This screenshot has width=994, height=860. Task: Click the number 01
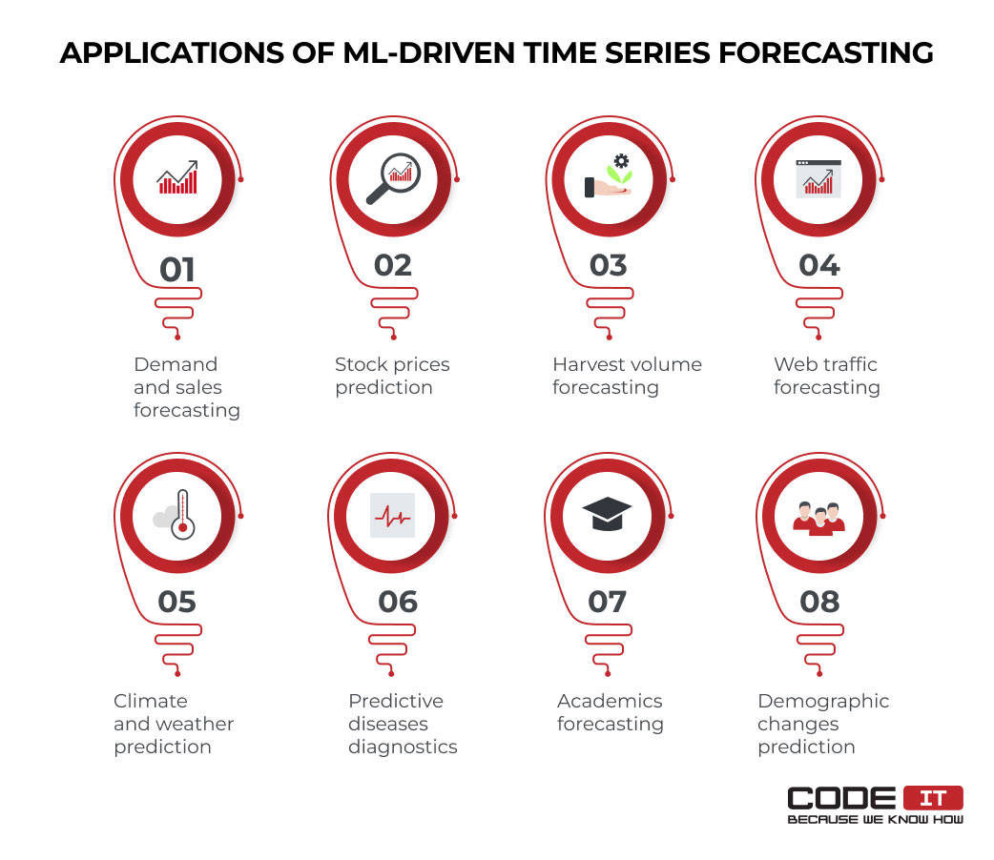coord(176,270)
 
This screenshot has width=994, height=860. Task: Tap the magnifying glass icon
coord(394,178)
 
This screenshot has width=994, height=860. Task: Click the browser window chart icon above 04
coord(818,178)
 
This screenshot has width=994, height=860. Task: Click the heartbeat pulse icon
coord(392,515)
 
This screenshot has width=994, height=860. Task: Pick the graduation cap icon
coord(607,513)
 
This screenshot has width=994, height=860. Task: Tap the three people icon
coord(819,519)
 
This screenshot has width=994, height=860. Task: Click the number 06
coord(398,602)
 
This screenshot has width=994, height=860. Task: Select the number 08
coord(819,602)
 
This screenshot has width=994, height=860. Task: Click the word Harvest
coord(586,364)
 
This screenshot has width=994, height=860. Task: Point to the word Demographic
coord(823,702)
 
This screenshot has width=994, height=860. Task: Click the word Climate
coord(150,701)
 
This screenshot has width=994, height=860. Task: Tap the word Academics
coord(610,701)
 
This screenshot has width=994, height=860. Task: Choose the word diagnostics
coord(403,747)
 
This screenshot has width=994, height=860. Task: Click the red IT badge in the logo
coord(933,798)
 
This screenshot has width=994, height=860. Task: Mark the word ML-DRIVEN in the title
coord(428,52)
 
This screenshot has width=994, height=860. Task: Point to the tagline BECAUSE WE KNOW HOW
coord(876,819)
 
